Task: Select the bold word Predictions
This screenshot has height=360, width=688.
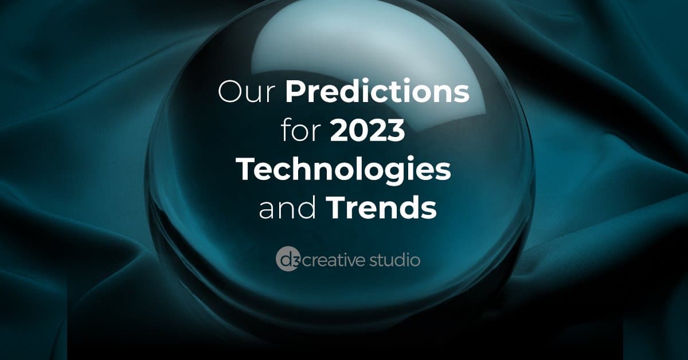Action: [x=377, y=91]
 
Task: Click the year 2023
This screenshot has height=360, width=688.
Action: [x=368, y=130]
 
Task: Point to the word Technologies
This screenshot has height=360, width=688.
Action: [x=345, y=170]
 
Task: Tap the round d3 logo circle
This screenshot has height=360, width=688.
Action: [x=287, y=260]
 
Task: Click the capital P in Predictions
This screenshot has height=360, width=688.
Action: [x=295, y=92]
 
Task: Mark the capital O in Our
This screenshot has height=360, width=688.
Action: [x=230, y=92]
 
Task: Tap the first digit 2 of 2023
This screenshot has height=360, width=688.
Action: [x=339, y=130]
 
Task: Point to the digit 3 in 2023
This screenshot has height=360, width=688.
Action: [x=396, y=131]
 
